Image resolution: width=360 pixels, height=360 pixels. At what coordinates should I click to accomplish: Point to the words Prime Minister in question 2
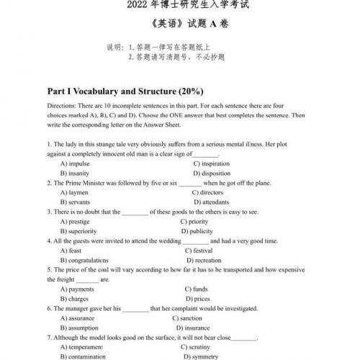tap(82, 184)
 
